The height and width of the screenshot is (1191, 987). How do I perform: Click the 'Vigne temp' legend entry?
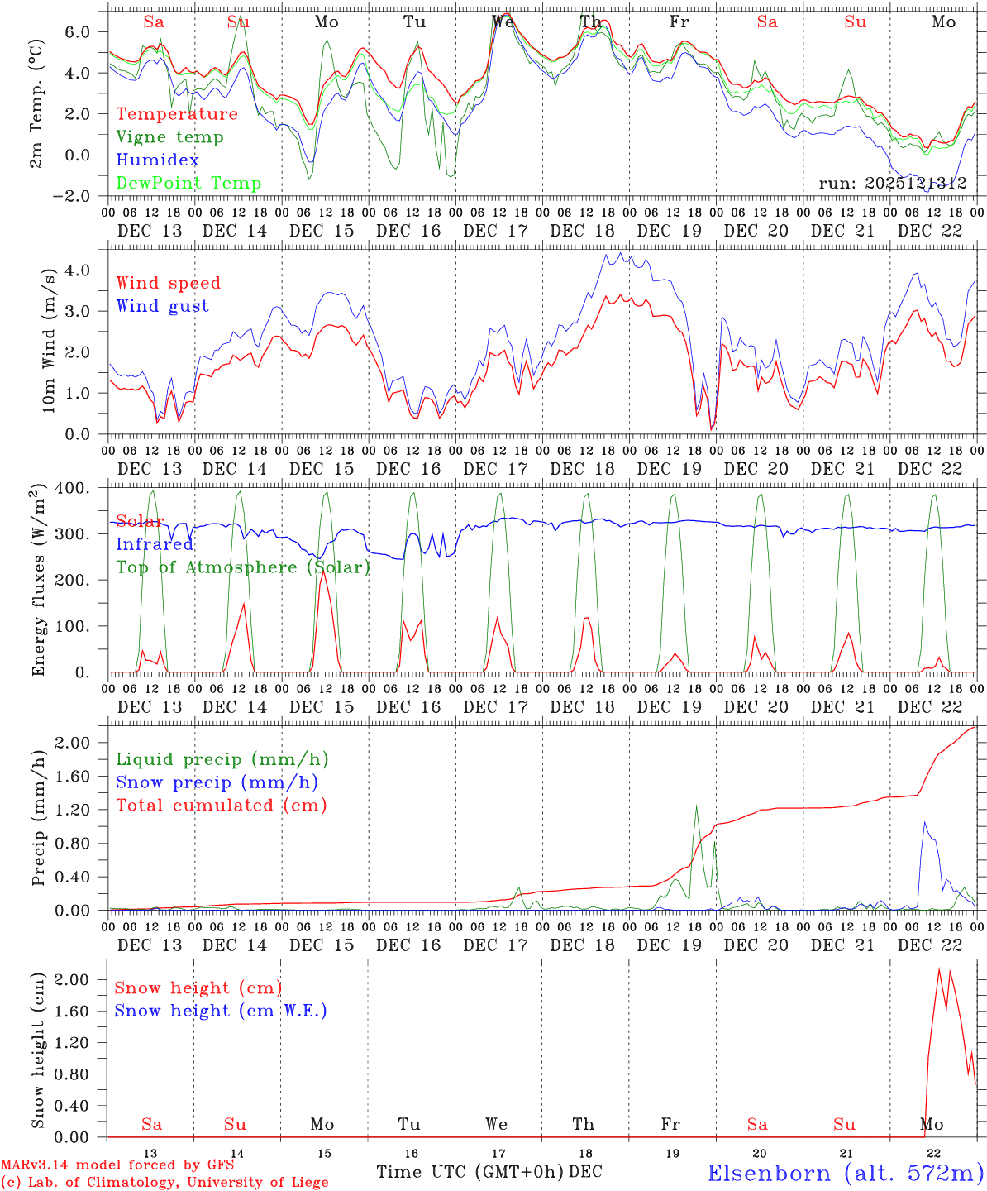coord(169,137)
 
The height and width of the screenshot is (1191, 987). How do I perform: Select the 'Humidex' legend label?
coord(157,160)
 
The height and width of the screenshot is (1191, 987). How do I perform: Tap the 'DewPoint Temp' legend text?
coord(188,184)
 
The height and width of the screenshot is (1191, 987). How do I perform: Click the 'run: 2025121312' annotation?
coord(892,183)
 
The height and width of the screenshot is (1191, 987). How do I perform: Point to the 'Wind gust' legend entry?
coord(162,306)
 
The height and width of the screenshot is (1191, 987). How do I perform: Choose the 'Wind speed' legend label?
coord(168,283)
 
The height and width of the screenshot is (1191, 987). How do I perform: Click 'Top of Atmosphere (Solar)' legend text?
coord(243,567)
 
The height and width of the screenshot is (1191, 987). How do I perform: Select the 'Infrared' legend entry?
coord(154,544)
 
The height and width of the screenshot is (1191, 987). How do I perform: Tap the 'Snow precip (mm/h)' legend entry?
coord(217,782)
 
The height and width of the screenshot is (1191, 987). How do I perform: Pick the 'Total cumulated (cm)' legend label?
coord(222,806)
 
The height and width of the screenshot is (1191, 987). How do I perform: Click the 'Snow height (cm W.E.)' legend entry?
coord(221,1011)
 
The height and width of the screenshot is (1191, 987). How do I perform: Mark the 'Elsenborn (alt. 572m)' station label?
coord(845,1173)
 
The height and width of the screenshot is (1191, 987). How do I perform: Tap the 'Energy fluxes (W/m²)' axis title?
coord(38,581)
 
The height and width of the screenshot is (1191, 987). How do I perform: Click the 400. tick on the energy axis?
coord(72,488)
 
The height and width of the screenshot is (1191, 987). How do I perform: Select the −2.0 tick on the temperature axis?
coord(71,196)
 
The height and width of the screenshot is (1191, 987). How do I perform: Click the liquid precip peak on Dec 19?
coord(696,806)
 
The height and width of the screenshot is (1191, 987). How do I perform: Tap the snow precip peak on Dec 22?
coord(924,822)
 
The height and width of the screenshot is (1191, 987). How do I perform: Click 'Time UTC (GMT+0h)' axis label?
coord(470,1172)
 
